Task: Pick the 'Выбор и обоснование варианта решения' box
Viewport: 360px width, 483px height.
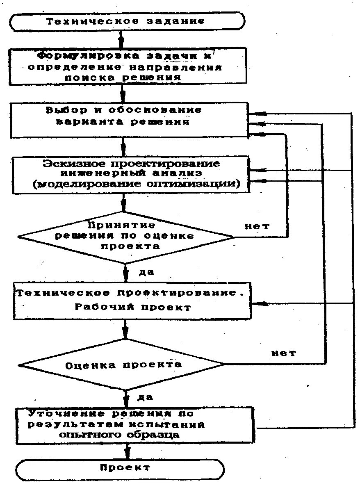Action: coord(129,119)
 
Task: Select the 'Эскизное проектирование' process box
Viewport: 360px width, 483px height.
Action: coord(131,175)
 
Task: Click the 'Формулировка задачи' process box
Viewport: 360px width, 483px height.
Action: coord(129,66)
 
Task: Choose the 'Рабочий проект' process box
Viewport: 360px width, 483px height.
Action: coord(132,301)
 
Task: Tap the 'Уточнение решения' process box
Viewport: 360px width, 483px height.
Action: coord(137,425)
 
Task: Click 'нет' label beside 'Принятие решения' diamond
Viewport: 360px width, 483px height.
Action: coord(257,226)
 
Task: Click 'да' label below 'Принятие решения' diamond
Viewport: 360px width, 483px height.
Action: coord(146,272)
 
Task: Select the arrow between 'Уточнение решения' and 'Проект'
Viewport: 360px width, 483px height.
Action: coord(127,451)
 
